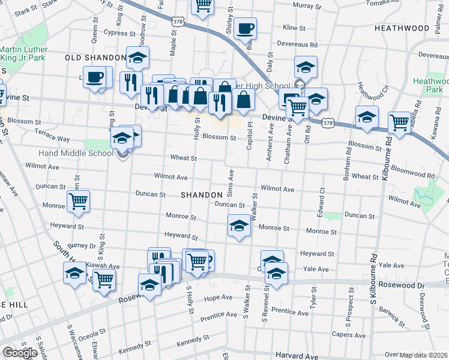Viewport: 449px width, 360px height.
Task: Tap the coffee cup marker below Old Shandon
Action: pyautogui.click(x=95, y=77)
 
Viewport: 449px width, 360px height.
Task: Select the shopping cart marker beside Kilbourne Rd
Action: pyautogui.click(x=399, y=122)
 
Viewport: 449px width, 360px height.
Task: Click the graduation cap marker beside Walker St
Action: pyautogui.click(x=239, y=226)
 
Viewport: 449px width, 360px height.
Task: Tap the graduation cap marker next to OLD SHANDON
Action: pyautogui.click(x=137, y=58)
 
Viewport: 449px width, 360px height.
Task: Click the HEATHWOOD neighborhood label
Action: pyautogui.click(x=402, y=28)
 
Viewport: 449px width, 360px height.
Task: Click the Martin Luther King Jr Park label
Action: pyautogui.click(x=23, y=53)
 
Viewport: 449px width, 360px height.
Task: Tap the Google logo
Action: pyautogui.click(x=20, y=353)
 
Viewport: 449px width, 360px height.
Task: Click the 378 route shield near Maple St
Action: pyautogui.click(x=178, y=21)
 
